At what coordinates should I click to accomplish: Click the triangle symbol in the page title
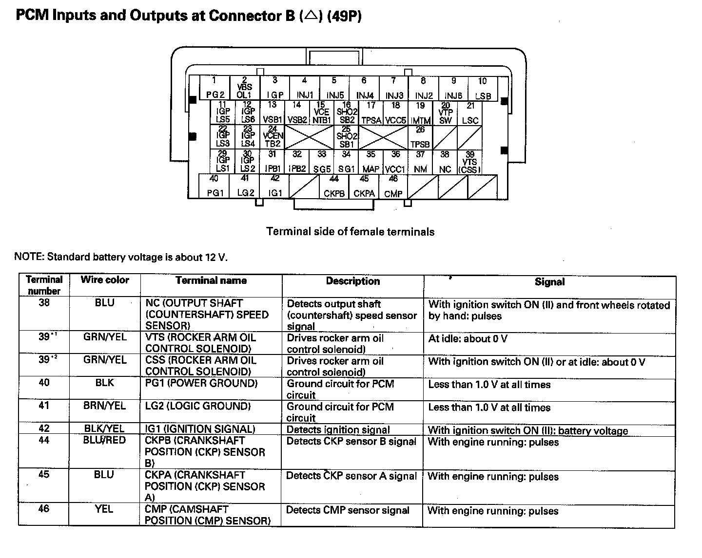click(x=311, y=16)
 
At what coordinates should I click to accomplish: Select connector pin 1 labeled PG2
click(x=215, y=88)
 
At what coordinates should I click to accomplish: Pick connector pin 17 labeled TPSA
click(x=371, y=113)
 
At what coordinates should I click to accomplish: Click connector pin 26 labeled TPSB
click(x=420, y=137)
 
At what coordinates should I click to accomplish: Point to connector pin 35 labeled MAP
click(x=371, y=162)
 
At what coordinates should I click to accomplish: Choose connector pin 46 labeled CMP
click(x=393, y=186)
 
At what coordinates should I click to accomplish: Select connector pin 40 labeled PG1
click(x=215, y=186)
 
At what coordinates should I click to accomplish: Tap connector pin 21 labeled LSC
click(x=470, y=113)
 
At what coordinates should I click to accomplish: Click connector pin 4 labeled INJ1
click(x=305, y=88)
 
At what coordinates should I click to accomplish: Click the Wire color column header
click(x=105, y=280)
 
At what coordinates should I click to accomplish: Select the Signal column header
click(x=549, y=281)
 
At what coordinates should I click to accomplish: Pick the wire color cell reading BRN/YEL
click(x=104, y=406)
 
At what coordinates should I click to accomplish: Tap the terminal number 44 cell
click(x=44, y=440)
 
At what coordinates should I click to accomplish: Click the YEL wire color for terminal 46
click(x=104, y=509)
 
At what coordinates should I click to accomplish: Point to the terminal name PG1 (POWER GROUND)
click(x=201, y=383)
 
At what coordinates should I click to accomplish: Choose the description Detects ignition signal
click(x=338, y=429)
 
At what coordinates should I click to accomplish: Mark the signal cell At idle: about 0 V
click(x=468, y=338)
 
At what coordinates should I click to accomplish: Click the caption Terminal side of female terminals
click(x=350, y=232)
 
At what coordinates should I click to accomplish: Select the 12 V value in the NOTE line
click(x=216, y=257)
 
